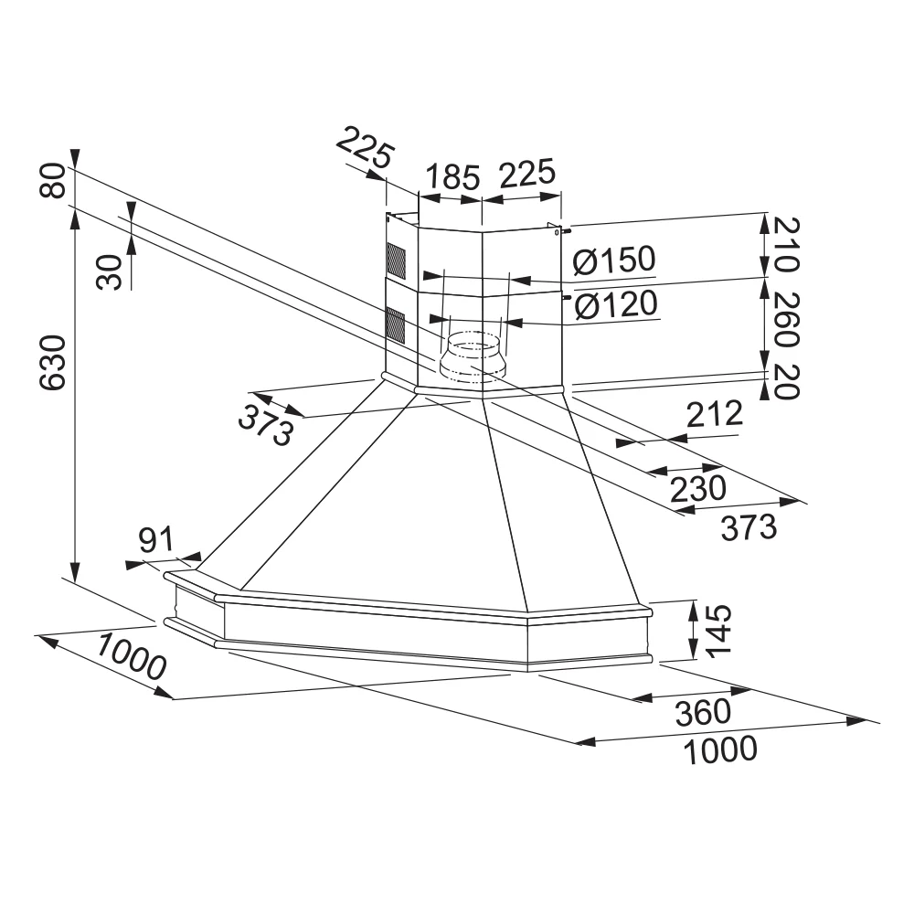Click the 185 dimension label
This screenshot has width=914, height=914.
click(449, 175)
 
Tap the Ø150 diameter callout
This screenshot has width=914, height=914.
click(613, 261)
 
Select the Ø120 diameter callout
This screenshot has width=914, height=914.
click(615, 304)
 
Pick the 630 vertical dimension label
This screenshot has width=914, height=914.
click(52, 363)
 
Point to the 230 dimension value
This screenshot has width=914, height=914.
click(697, 487)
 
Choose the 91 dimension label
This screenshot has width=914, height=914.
click(155, 541)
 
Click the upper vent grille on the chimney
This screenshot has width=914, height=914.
click(394, 260)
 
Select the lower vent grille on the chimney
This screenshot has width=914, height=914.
click(394, 325)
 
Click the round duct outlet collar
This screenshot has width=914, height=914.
click(469, 356)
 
